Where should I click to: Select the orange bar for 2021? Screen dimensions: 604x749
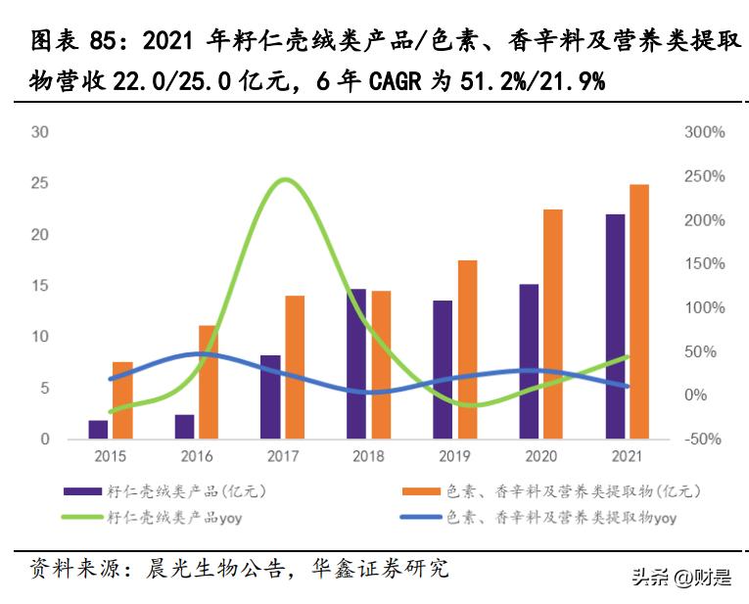click(x=638, y=311)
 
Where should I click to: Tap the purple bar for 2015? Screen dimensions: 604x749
click(x=98, y=430)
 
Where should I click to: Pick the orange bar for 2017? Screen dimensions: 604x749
click(x=295, y=367)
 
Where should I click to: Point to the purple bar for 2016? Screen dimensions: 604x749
click(x=184, y=427)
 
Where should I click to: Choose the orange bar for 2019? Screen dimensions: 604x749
click(x=467, y=349)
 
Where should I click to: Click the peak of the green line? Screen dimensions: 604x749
click(x=285, y=180)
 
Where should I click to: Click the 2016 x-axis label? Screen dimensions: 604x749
click(x=196, y=456)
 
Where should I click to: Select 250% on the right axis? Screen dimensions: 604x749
click(x=704, y=176)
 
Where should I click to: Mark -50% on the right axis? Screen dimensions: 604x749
click(x=704, y=440)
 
